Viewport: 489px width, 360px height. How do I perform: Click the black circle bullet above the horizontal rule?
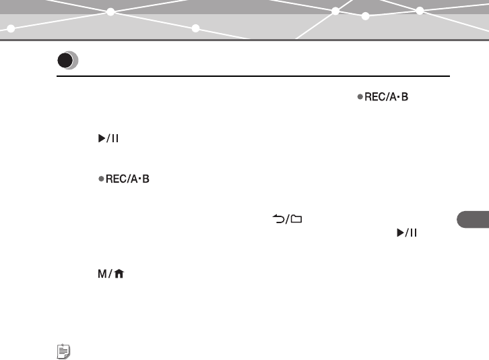pos(65,61)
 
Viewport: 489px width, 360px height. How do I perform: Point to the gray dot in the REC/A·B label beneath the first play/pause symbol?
pos(100,180)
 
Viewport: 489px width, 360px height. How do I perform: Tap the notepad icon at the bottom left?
pos(61,351)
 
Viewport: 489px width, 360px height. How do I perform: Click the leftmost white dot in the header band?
pos(11,28)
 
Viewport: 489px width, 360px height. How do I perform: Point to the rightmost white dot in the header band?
pos(420,11)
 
